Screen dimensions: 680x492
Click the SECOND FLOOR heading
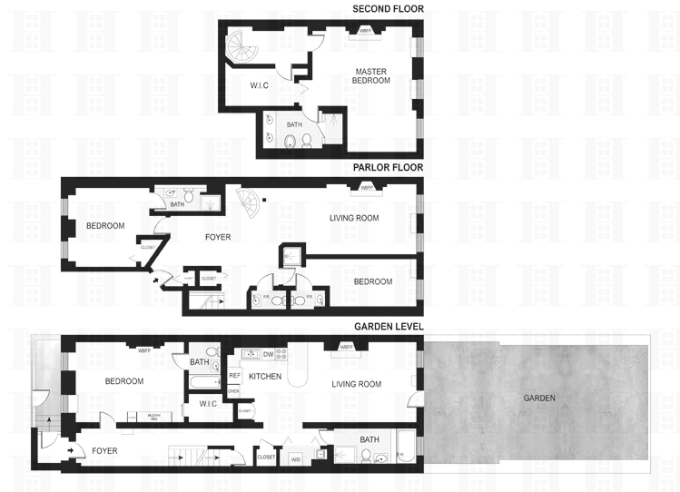point(388,9)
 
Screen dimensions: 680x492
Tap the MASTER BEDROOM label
point(372,76)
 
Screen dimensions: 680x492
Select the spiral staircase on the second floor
point(241,47)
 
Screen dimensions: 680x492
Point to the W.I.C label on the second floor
point(262,87)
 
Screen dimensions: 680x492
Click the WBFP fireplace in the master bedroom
point(366,32)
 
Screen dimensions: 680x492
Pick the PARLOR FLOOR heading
point(388,168)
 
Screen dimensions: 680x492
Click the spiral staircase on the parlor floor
point(246,202)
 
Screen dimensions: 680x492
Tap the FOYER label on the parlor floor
point(219,238)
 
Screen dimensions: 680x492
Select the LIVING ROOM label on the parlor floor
point(353,218)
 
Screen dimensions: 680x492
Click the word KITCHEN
point(265,376)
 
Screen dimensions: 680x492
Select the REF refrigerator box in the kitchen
point(233,375)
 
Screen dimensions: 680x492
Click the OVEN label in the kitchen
point(233,391)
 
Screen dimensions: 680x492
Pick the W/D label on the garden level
point(295,458)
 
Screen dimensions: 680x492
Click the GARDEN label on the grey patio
point(539,398)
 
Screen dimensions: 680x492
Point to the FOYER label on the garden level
point(104,451)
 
